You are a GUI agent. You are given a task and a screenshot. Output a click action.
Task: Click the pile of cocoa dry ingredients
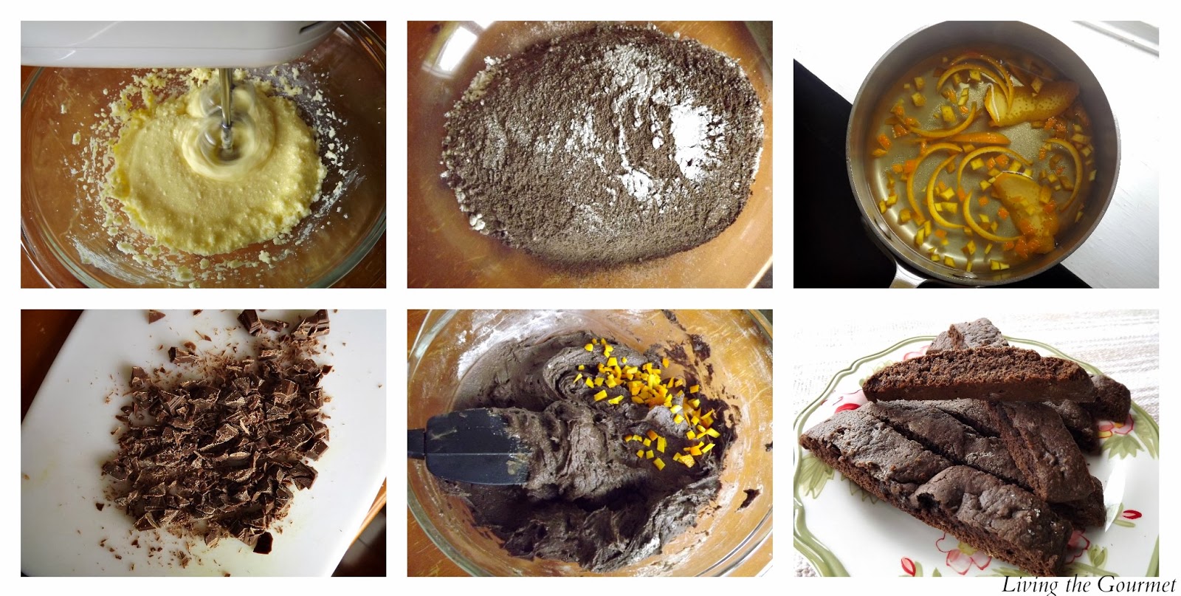(x=601, y=148)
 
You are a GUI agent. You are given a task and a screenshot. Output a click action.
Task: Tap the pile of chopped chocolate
(x=221, y=438)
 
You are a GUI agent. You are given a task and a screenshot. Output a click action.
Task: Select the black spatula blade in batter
(x=469, y=445)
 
